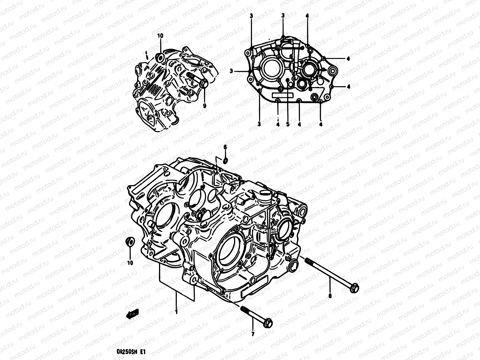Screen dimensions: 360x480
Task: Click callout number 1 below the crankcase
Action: click(x=176, y=312)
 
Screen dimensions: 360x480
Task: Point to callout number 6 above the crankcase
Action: click(x=225, y=147)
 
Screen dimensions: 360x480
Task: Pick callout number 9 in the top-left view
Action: click(x=205, y=106)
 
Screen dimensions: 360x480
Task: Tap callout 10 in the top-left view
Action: click(x=160, y=36)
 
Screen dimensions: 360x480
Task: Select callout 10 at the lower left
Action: click(x=130, y=263)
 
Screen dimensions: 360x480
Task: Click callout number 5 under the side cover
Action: click(x=287, y=124)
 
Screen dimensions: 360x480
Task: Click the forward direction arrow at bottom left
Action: click(x=132, y=314)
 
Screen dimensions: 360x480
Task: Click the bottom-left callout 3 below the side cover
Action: click(x=259, y=124)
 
